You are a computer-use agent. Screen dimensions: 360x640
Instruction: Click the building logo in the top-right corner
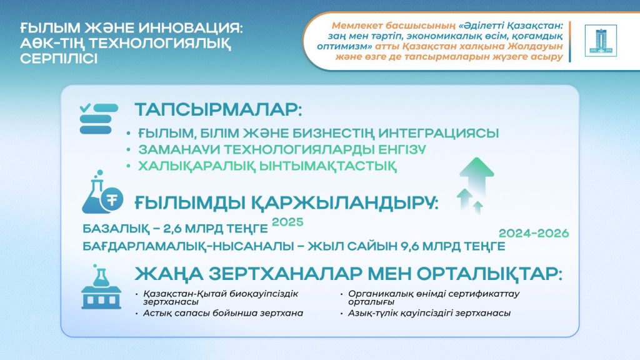[x=600, y=41]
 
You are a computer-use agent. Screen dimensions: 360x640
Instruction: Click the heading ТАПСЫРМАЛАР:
[x=218, y=110]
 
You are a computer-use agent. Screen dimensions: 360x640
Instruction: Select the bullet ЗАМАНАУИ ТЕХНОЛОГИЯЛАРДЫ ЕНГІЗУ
[x=275, y=150]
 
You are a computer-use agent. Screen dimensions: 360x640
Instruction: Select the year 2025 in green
[x=287, y=222]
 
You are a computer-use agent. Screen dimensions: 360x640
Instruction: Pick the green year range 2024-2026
[x=534, y=233]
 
